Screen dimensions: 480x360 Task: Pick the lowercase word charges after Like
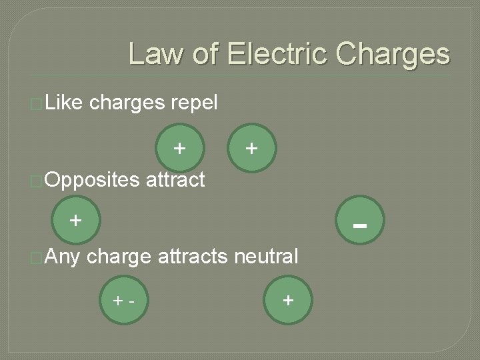pyautogui.click(x=127, y=104)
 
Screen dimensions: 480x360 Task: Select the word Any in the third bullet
pyautogui.click(x=65, y=256)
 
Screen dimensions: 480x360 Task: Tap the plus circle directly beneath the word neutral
pyautogui.click(x=287, y=300)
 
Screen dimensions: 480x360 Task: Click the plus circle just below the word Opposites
pyautogui.click(x=75, y=219)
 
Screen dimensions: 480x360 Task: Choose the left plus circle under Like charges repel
pyautogui.click(x=179, y=147)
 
